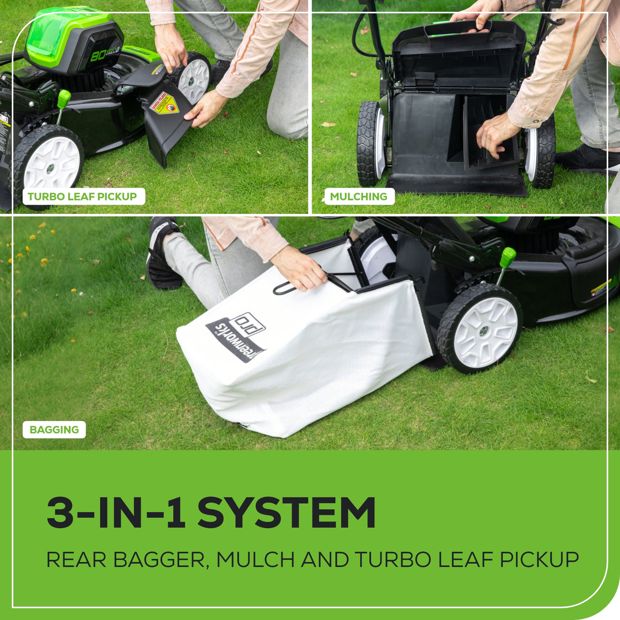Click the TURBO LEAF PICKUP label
tap(82, 196)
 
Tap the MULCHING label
tap(359, 196)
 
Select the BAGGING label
tap(54, 429)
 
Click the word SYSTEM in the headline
tap(287, 513)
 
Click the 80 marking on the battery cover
tap(99, 55)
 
